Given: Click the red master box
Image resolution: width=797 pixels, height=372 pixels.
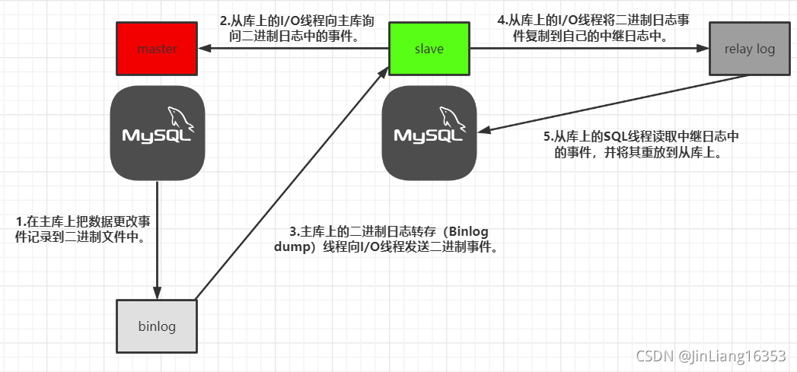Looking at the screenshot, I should [157, 49].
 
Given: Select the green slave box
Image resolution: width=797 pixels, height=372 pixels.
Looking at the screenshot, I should [429, 49].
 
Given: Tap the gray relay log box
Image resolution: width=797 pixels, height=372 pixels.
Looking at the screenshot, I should [749, 49].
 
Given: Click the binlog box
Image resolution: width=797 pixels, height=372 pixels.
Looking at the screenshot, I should [157, 326].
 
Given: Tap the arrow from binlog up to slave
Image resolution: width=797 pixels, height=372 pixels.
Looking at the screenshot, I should [289, 183].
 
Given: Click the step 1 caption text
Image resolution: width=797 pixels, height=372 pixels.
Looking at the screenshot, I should [92, 228].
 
